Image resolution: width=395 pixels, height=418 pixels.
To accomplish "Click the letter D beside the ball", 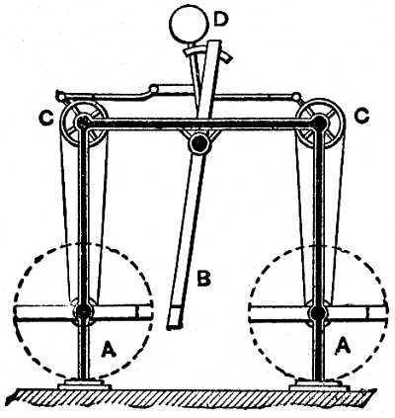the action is point(220,20).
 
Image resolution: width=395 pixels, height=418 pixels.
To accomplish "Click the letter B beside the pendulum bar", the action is point(203,279).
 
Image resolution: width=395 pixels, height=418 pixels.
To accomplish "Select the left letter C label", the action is point(46,118).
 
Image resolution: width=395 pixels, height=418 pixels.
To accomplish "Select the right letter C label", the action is point(361,117).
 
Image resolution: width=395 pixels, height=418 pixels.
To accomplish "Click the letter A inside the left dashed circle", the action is point(109,349).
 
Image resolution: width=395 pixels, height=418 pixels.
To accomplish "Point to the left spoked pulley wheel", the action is point(84,124).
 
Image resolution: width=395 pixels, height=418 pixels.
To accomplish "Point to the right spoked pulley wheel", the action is point(321,123).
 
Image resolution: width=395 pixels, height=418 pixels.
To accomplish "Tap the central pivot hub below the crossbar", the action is point(199,142).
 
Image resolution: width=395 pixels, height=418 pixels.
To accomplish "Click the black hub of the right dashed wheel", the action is point(318,312).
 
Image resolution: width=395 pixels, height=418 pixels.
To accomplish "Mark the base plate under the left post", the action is point(84,384).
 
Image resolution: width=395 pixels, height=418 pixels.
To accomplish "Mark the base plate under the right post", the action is point(318,384).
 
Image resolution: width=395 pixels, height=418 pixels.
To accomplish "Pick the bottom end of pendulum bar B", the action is point(174,326).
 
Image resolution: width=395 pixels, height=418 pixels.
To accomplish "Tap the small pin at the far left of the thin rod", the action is point(59,96).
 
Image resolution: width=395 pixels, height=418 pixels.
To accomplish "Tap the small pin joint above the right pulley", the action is point(296,97).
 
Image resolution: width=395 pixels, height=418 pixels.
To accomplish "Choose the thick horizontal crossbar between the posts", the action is point(200,125).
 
